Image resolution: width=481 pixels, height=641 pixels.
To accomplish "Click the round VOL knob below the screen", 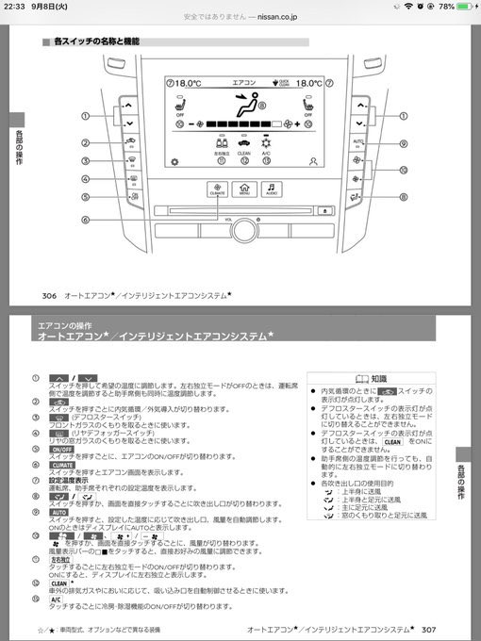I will pos(244,226).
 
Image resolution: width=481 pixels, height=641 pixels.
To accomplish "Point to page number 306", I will pos(50,294).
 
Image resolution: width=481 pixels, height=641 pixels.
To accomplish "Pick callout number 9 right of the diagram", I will pos(402,143).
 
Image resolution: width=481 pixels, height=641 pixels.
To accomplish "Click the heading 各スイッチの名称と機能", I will pos(96,42).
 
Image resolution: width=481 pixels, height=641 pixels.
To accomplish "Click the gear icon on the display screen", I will pos(173,161).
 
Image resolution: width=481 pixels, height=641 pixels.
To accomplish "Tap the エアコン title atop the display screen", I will pos(243,83).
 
